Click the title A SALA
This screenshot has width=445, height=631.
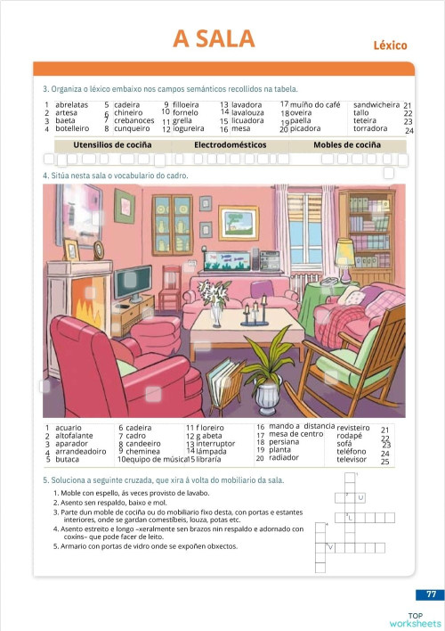pyautogui.click(x=214, y=38)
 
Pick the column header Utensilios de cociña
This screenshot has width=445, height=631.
pyautogui.click(x=112, y=144)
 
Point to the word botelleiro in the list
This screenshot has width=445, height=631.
pyautogui.click(x=72, y=128)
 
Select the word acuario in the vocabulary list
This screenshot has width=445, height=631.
pyautogui.click(x=68, y=428)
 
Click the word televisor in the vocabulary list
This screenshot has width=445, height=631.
pyautogui.click(x=353, y=459)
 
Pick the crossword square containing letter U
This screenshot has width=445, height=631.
pyautogui.click(x=361, y=497)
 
